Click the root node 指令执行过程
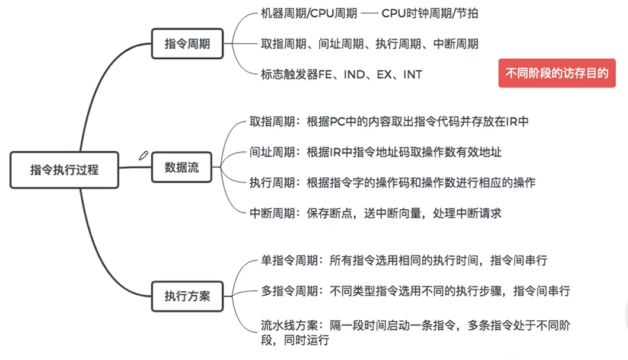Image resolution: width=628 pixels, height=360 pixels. [64, 170]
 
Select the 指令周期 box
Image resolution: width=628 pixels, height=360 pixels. [187, 43]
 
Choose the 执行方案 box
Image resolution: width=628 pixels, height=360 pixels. [187, 295]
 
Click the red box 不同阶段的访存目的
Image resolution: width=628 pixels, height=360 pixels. [557, 74]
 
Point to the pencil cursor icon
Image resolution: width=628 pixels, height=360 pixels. [143, 156]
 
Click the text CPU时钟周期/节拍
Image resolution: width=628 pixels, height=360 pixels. [430, 13]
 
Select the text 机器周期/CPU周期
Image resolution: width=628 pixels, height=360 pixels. [309, 13]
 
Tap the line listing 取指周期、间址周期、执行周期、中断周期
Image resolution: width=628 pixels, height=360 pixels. [369, 44]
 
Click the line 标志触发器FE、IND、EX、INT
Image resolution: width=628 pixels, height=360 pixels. [342, 75]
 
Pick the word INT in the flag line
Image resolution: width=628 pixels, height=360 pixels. [413, 75]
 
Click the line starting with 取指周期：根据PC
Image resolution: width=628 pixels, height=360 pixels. [389, 122]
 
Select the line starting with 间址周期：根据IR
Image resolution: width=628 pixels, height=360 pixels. [375, 152]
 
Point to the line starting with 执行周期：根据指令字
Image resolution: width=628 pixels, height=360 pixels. [393, 183]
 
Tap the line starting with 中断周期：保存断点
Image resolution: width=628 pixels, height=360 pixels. [375, 213]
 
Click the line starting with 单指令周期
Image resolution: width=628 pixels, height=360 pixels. [404, 260]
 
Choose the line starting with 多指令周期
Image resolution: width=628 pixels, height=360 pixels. [415, 291]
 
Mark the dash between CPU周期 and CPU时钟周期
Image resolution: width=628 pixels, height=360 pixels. [368, 13]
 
